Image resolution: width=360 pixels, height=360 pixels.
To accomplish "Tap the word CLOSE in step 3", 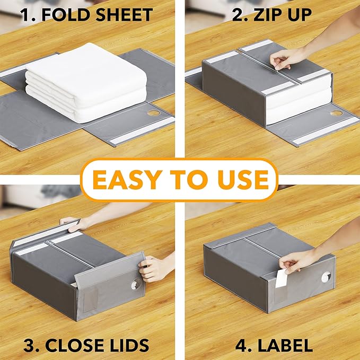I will (73, 346).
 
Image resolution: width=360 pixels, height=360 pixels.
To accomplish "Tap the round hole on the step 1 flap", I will (154, 113).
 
